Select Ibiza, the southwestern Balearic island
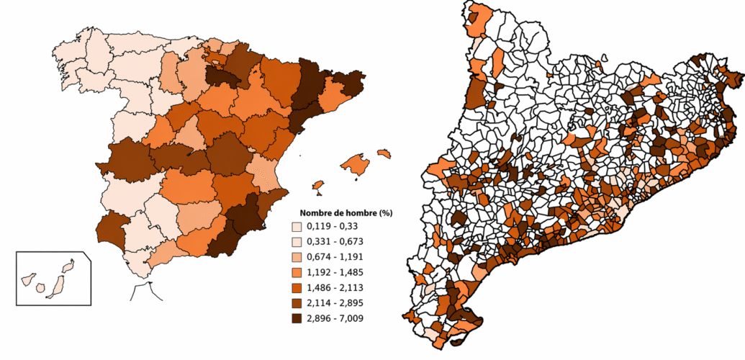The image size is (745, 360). [317, 186]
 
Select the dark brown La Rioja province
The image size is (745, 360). [220, 76]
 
